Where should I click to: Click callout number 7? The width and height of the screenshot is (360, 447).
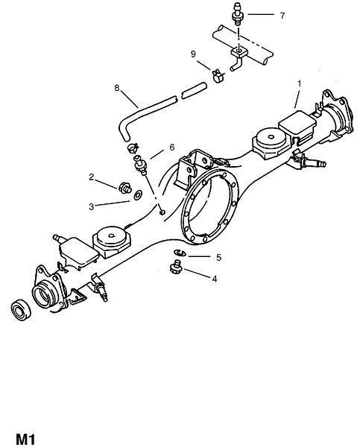click(x=282, y=16)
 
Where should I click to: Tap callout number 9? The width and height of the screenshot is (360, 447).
click(x=193, y=54)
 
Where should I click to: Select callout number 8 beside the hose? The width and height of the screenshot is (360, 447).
click(x=117, y=88)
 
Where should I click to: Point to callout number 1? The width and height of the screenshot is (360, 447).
click(x=299, y=83)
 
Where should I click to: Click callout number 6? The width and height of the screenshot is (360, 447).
click(x=171, y=148)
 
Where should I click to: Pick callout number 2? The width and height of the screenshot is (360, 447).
click(x=91, y=177)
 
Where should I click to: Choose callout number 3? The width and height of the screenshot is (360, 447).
click(x=91, y=206)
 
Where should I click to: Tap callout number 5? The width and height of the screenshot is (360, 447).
click(x=219, y=258)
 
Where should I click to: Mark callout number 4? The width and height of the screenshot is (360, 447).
click(x=214, y=279)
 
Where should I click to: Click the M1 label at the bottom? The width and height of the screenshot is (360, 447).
click(x=25, y=439)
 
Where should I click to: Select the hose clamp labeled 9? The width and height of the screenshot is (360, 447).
click(x=218, y=75)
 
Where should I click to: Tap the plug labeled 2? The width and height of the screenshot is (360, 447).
click(x=124, y=188)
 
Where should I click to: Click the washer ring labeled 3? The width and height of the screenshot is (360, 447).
click(x=139, y=195)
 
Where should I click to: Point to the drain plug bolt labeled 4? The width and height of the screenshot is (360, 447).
click(x=176, y=267)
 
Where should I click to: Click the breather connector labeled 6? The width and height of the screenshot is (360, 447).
click(x=140, y=164)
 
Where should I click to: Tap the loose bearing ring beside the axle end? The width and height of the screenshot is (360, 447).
click(x=21, y=310)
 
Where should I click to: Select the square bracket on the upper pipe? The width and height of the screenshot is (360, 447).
click(x=239, y=52)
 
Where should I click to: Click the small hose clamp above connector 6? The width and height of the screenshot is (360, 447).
click(x=133, y=148)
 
